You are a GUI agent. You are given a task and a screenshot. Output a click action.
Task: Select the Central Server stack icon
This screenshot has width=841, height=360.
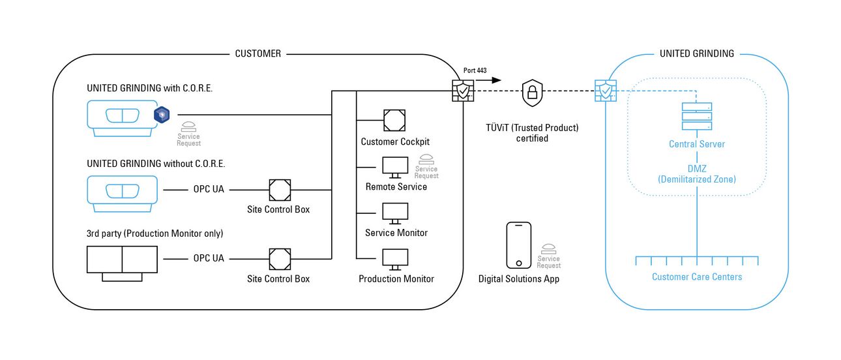[x=696, y=116]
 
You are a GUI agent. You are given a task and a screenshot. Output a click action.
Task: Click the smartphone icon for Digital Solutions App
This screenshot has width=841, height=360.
[x=519, y=245]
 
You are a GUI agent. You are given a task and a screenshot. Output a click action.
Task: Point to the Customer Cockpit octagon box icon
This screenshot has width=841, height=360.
[x=395, y=120]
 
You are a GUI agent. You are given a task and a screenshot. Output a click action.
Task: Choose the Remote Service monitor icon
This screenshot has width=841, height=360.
[x=395, y=167]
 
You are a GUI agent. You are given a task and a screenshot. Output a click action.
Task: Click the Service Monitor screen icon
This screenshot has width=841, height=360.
[x=395, y=213]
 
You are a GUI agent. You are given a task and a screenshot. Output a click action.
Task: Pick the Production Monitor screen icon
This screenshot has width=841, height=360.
[x=395, y=260]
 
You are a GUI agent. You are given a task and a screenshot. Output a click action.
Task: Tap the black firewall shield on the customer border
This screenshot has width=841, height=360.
[x=463, y=91]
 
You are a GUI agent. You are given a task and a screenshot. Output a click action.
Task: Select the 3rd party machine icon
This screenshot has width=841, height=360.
[x=122, y=262]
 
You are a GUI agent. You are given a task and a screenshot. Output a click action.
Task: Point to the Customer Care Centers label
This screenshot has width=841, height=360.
[x=697, y=277]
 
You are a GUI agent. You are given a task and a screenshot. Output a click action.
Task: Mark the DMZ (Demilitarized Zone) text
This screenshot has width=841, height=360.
[x=697, y=173]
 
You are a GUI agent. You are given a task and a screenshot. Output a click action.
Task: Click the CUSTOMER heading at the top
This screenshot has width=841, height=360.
[x=258, y=53]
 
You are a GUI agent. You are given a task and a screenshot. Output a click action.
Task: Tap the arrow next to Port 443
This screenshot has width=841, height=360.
[x=491, y=80]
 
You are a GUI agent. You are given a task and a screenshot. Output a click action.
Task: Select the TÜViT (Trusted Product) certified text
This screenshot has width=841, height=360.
[x=532, y=132]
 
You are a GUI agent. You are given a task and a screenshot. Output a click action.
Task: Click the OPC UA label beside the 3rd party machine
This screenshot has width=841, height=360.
[x=209, y=258]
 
